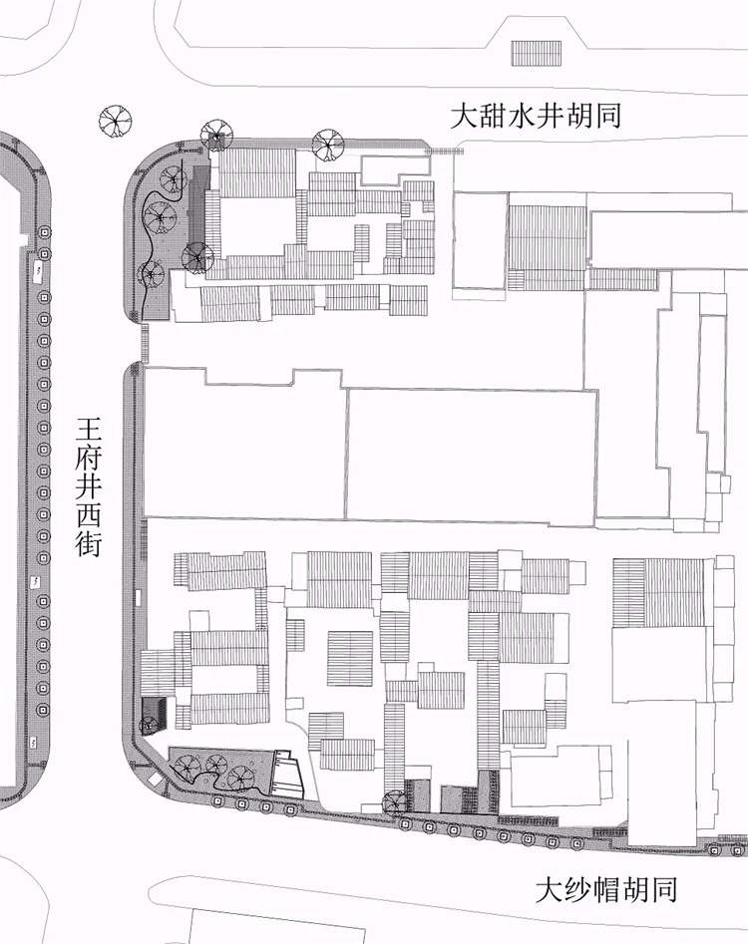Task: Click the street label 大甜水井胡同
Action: click(x=536, y=116)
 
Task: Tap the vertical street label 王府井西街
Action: click(x=88, y=487)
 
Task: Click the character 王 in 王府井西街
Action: click(x=88, y=431)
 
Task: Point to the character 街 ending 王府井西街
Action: click(x=88, y=543)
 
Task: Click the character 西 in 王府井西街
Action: click(x=88, y=515)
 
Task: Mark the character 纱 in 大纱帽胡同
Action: click(x=577, y=890)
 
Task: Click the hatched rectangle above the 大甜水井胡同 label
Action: click(x=536, y=53)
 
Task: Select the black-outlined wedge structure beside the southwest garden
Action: click(x=287, y=775)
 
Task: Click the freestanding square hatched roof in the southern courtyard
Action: click(x=350, y=658)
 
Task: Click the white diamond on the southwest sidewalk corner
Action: click(x=157, y=781)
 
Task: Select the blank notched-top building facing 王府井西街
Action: click(x=245, y=443)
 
